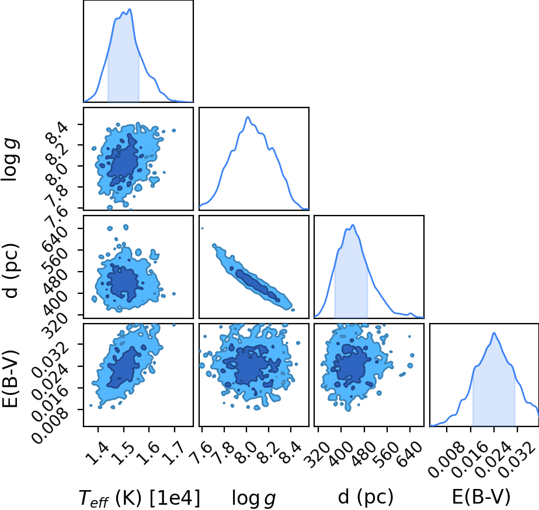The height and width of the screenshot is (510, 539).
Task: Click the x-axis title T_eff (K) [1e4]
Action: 139,498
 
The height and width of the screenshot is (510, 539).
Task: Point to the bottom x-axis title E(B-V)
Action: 481,497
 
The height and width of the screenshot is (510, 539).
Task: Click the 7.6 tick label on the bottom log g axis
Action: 201,453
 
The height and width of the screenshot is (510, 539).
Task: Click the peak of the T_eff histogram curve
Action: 130,9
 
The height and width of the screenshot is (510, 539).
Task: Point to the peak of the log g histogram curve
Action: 248,117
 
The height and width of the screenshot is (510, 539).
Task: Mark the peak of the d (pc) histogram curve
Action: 353,225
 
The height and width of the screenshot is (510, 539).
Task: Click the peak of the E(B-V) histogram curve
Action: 494,333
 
